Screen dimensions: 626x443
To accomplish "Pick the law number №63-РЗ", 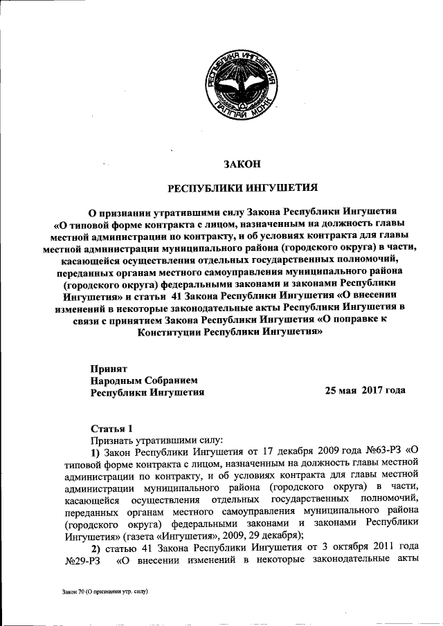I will click(379, 452).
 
